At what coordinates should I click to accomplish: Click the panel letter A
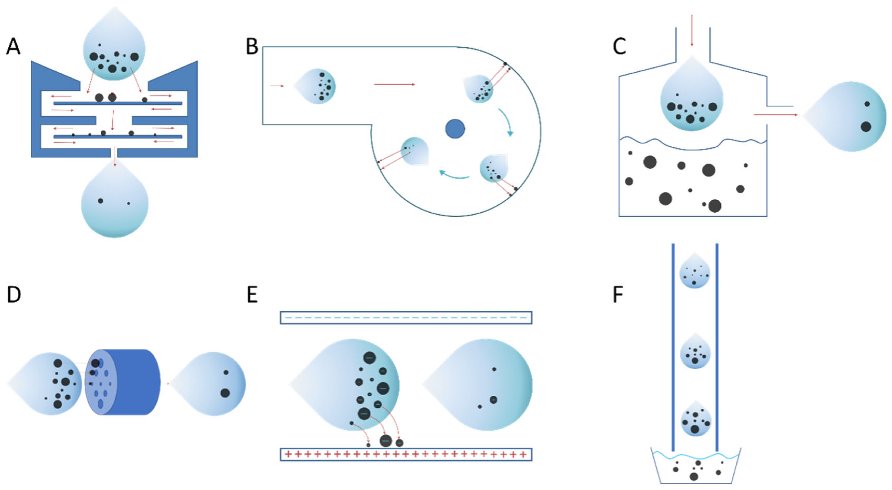pyautogui.click(x=13, y=47)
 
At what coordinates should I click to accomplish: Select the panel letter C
pyautogui.click(x=619, y=47)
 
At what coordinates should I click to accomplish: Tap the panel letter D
pyautogui.click(x=14, y=295)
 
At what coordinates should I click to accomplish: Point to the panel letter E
pyautogui.click(x=252, y=295)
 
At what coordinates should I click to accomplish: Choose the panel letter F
pyautogui.click(x=618, y=295)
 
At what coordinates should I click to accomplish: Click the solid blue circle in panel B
pyautogui.click(x=455, y=129)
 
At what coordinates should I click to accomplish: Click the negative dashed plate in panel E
pyautogui.click(x=406, y=318)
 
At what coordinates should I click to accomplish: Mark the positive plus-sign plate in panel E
pyautogui.click(x=406, y=454)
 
